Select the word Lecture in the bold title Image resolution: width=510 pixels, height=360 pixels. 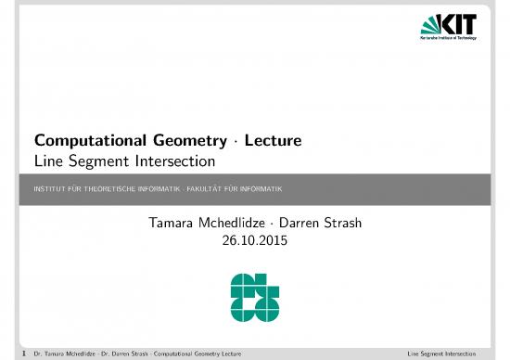[277, 142]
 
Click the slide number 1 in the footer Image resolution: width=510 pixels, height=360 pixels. [24, 354]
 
